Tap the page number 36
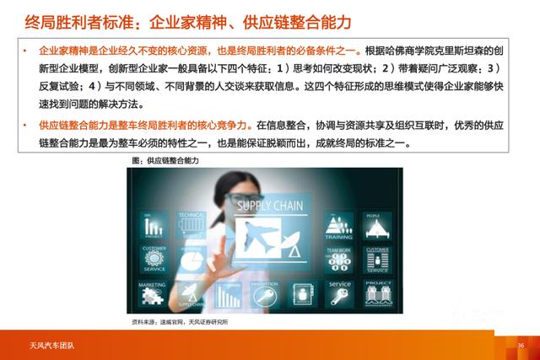(x=521, y=345)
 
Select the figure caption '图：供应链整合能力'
(x=163, y=159)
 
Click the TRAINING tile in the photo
(x=338, y=226)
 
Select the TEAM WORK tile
(x=338, y=257)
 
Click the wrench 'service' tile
(x=339, y=292)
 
